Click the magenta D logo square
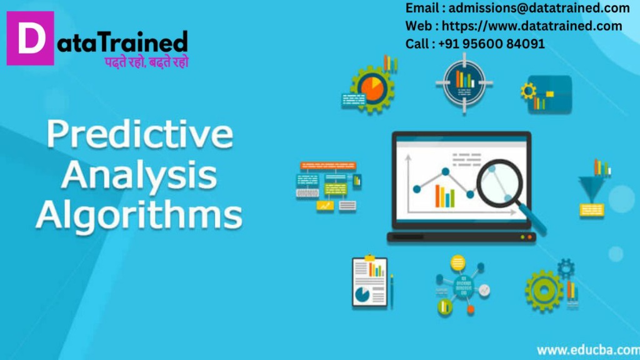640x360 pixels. tap(30, 38)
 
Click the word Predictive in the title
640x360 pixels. tap(139, 134)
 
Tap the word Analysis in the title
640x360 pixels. tap(139, 175)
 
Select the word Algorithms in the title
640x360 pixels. tap(139, 214)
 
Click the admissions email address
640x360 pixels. tap(539, 7)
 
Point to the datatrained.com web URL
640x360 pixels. tap(532, 26)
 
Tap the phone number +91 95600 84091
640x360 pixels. tap(491, 44)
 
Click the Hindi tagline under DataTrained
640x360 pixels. tap(146, 62)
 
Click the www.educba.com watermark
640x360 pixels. tap(588, 350)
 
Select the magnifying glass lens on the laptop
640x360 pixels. tap(500, 182)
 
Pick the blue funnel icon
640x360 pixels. tap(591, 187)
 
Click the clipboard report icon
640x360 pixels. tap(370, 282)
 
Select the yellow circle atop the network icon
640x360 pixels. tap(457, 263)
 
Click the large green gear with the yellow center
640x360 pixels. tap(544, 290)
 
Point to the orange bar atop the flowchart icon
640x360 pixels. tap(328, 165)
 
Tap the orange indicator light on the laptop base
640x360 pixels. tap(530, 237)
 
